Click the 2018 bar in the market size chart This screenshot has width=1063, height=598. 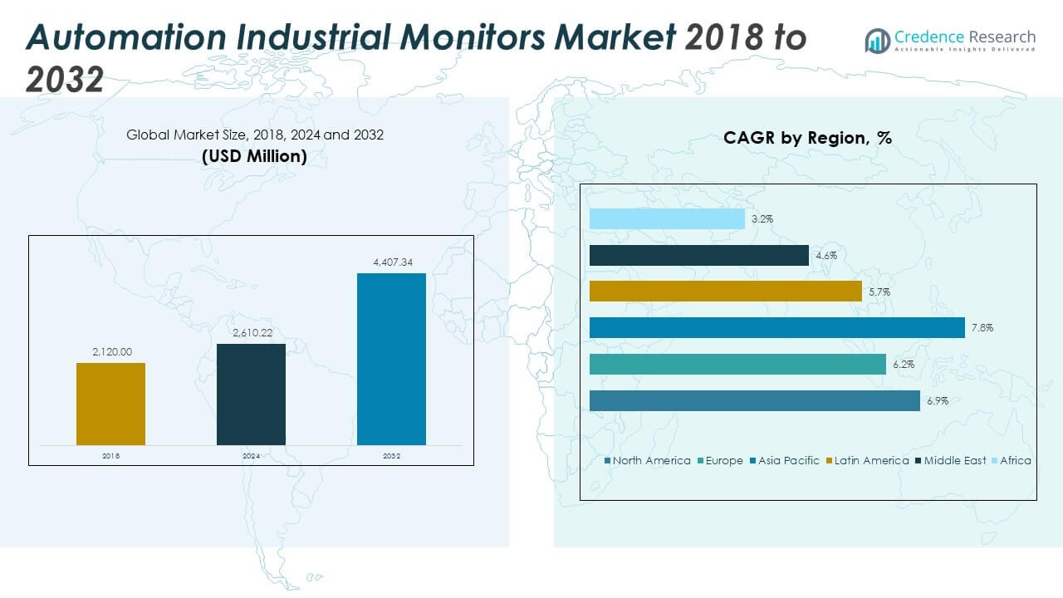click(x=110, y=404)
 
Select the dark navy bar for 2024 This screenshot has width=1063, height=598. click(x=251, y=395)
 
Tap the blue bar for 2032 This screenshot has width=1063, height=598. click(x=391, y=359)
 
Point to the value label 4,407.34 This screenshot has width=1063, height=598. click(x=391, y=262)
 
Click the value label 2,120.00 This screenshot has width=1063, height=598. click(x=111, y=352)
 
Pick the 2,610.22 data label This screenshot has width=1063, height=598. click(x=251, y=333)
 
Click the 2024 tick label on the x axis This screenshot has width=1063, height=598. click(x=251, y=456)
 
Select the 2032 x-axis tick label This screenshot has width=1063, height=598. click(x=391, y=456)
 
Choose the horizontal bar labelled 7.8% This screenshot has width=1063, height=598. click(x=776, y=328)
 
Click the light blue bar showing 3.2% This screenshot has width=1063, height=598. click(x=667, y=219)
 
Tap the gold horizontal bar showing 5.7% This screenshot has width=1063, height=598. click(x=725, y=292)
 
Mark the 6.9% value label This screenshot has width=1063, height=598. click(x=937, y=401)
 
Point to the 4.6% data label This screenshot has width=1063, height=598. click(x=825, y=256)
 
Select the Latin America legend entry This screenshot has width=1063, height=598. click(x=871, y=460)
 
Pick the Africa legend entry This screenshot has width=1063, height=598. click(x=1014, y=460)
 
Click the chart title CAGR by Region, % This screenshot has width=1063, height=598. click(x=807, y=138)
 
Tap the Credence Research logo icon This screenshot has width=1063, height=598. click(x=877, y=41)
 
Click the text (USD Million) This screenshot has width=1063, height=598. click(x=254, y=156)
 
